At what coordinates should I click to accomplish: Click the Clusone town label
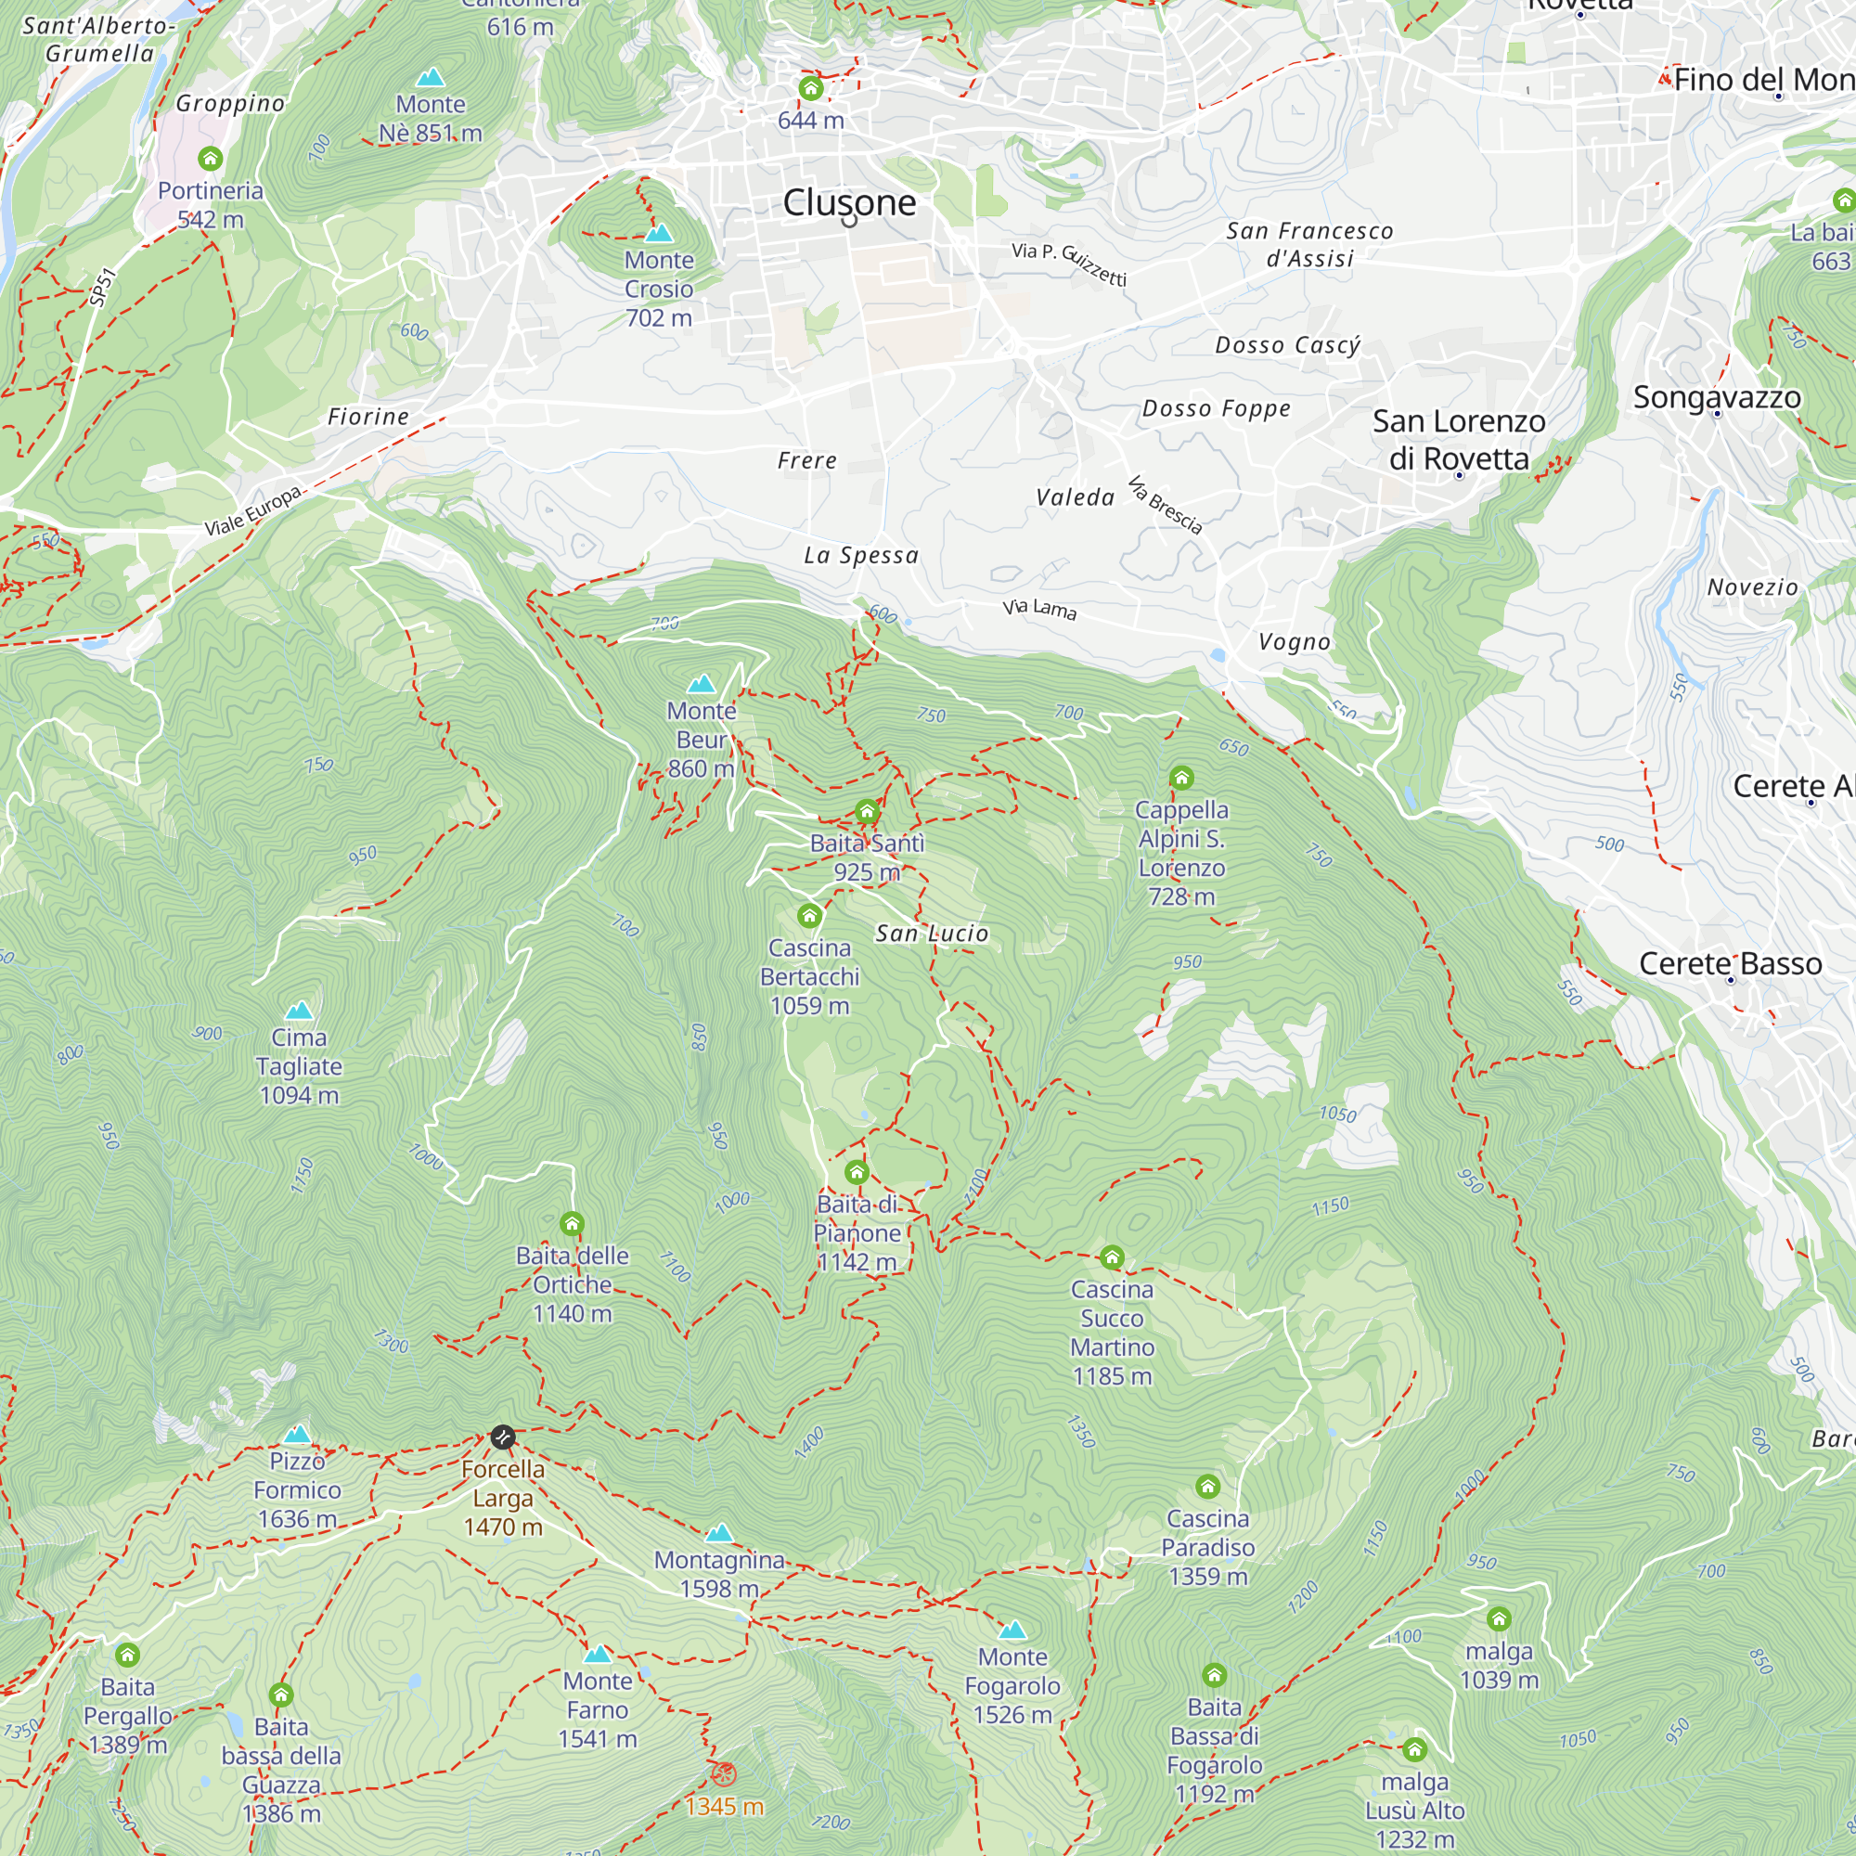(849, 202)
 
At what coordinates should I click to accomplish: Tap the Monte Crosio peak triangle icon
(659, 234)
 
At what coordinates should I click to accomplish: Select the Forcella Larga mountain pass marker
(502, 1437)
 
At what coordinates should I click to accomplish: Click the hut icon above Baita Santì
(867, 812)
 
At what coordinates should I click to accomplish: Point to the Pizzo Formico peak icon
(298, 1436)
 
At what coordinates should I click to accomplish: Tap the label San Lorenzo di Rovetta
(1458, 439)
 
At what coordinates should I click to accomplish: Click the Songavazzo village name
(1717, 397)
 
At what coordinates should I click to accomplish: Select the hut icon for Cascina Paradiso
(1207, 1487)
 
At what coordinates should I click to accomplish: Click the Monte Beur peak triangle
(702, 684)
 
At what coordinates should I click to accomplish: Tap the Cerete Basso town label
(1729, 962)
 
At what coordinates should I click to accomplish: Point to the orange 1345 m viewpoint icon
(724, 1774)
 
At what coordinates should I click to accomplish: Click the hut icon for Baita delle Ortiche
(572, 1224)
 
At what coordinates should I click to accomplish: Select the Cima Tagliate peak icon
(299, 1011)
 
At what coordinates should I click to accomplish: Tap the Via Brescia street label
(1165, 504)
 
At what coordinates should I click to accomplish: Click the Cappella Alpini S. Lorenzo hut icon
(1180, 777)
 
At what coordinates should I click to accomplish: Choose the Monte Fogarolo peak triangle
(1012, 1630)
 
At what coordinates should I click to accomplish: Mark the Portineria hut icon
(211, 159)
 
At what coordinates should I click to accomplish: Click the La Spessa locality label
(861, 555)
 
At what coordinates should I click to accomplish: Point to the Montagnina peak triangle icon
(719, 1533)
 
